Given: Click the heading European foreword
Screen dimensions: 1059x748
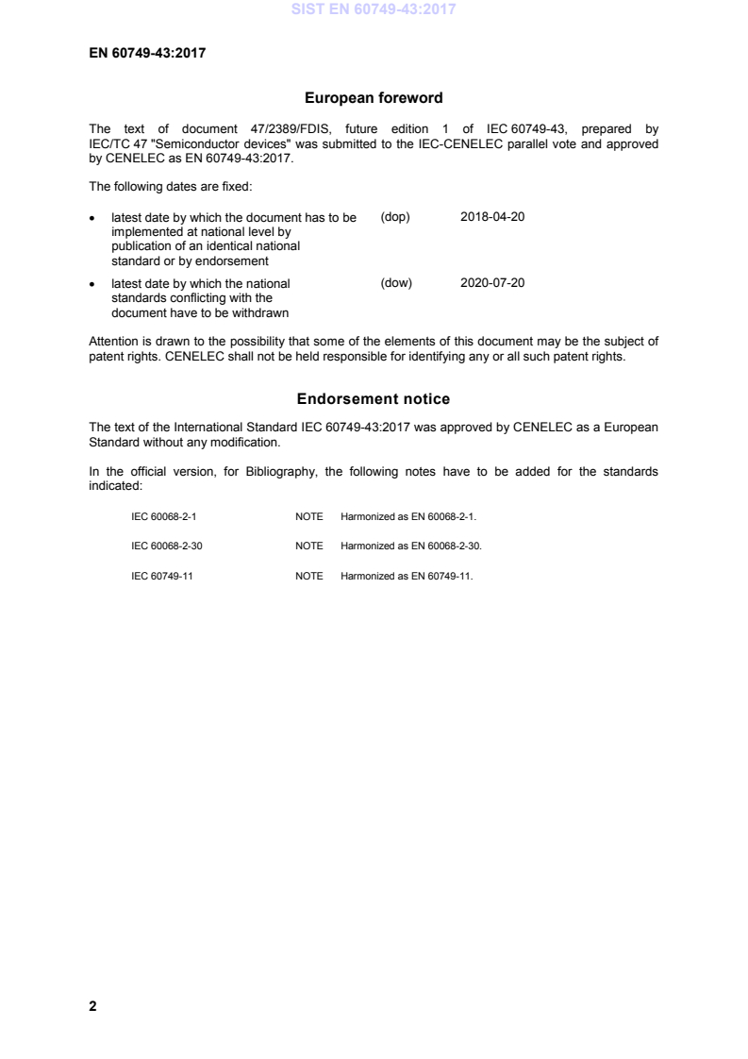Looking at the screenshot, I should pyautogui.click(x=374, y=97).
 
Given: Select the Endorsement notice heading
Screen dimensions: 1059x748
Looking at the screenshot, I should pyautogui.click(x=374, y=399).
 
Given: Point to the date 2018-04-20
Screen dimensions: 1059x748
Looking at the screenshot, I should pyautogui.click(x=492, y=217).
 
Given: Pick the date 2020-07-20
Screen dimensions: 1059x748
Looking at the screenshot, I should pyautogui.click(x=492, y=283).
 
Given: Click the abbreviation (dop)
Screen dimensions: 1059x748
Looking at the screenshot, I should pyautogui.click(x=395, y=217).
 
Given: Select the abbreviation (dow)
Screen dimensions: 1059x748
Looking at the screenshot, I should pyautogui.click(x=396, y=283).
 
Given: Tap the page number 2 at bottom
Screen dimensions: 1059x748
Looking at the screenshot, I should pyautogui.click(x=92, y=1006).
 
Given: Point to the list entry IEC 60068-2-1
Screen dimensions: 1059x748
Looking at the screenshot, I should pyautogui.click(x=163, y=517).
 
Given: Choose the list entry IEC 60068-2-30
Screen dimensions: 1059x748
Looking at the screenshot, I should pyautogui.click(x=166, y=546).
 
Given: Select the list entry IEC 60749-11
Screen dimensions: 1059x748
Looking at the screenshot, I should pyautogui.click(x=162, y=575).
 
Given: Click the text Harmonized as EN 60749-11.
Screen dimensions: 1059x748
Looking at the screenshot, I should pyautogui.click(x=407, y=575).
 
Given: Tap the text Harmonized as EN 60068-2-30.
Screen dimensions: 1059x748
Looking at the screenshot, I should pyautogui.click(x=411, y=546).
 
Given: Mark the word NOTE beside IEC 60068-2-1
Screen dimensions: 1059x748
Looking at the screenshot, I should pyautogui.click(x=308, y=517).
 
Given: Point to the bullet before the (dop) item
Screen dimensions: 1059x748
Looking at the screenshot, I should pyautogui.click(x=92, y=218).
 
